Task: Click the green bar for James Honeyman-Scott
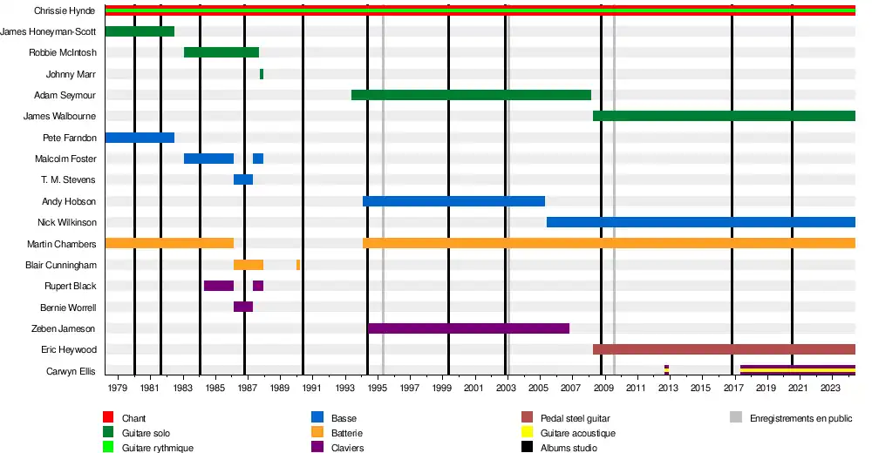click(x=140, y=31)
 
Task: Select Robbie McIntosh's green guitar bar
click(x=221, y=52)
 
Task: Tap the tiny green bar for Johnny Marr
click(x=262, y=74)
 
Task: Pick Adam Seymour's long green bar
click(x=471, y=95)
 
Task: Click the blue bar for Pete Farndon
click(x=140, y=138)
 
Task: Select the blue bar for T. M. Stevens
click(x=243, y=179)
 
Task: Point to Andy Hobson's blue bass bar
click(x=453, y=201)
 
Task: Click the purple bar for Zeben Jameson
click(x=468, y=328)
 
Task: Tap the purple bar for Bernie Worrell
click(x=243, y=307)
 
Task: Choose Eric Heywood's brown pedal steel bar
click(x=724, y=349)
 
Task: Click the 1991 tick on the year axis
click(x=311, y=388)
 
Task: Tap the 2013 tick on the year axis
click(x=668, y=388)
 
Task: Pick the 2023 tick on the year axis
click(x=830, y=388)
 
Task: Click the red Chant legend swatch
click(x=109, y=419)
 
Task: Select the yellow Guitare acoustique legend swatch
click(x=527, y=433)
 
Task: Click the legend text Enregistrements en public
click(x=800, y=419)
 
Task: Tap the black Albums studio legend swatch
click(x=527, y=448)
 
